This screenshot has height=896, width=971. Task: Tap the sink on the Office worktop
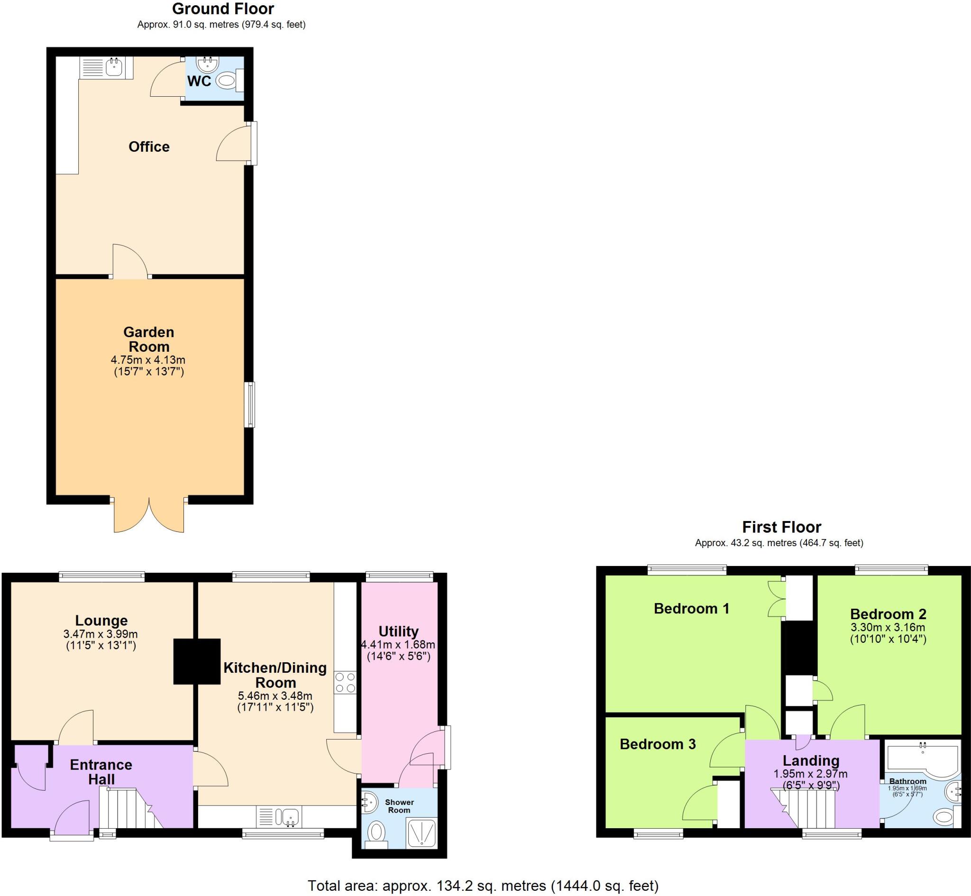click(x=113, y=68)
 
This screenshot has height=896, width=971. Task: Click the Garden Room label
click(x=148, y=339)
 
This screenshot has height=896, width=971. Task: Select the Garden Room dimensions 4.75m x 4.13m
click(x=148, y=360)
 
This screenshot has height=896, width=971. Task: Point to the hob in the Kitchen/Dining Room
click(x=345, y=682)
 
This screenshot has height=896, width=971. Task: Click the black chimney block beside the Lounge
click(x=197, y=661)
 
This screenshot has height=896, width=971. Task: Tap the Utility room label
click(x=398, y=631)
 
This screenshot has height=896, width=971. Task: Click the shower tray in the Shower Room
click(x=423, y=832)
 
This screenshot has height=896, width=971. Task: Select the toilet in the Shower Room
click(x=376, y=833)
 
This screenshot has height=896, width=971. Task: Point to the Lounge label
click(x=101, y=620)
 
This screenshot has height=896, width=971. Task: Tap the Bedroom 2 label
click(x=888, y=614)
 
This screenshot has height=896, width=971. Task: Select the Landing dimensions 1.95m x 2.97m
click(x=810, y=774)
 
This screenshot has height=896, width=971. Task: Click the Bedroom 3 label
click(x=657, y=744)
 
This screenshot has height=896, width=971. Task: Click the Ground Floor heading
click(x=223, y=9)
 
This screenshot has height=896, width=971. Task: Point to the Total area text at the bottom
click(x=483, y=886)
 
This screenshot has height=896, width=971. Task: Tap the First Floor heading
click(x=781, y=527)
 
